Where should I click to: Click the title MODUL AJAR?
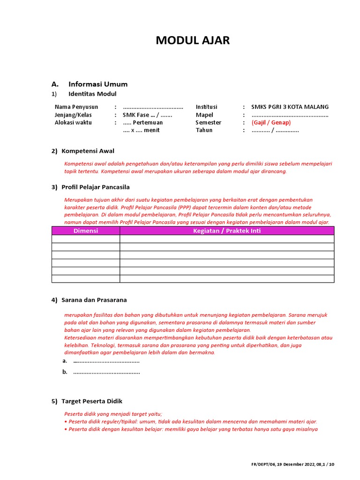193,41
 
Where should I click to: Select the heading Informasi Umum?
97,84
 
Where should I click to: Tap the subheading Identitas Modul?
92,94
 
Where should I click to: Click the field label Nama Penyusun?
76,107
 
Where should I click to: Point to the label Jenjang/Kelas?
73,115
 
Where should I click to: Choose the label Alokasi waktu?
73,122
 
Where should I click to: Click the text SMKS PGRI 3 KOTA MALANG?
290,107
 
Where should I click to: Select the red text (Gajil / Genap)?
271,122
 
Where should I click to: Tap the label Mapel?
204,115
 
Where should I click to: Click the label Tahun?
204,130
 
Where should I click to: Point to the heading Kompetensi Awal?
88,151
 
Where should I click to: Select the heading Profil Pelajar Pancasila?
96,187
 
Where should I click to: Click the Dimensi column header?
86,231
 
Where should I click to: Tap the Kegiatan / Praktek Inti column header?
227,231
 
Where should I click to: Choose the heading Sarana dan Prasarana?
94,300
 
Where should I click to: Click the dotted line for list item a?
106,361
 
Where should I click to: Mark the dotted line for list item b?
106,372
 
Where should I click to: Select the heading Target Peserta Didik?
92,401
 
